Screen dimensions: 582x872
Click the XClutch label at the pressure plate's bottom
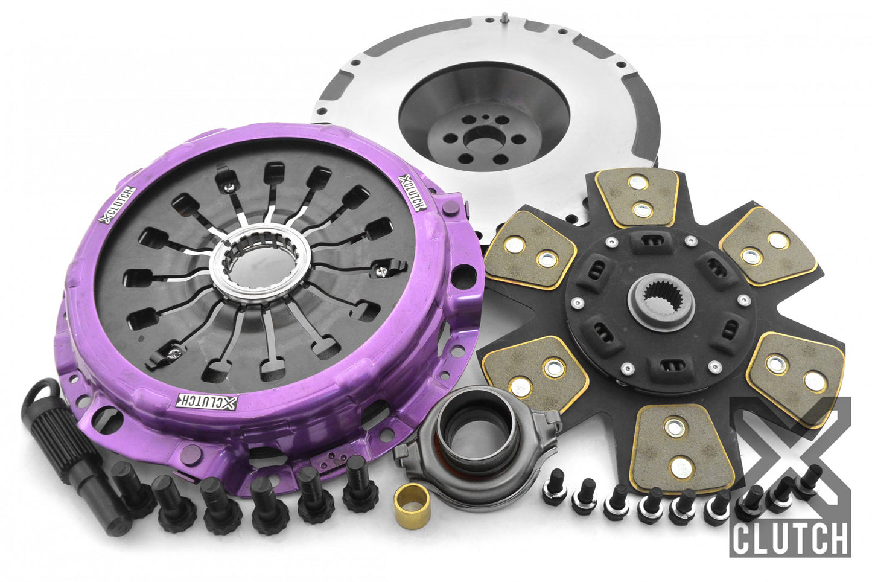point(207,401)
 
